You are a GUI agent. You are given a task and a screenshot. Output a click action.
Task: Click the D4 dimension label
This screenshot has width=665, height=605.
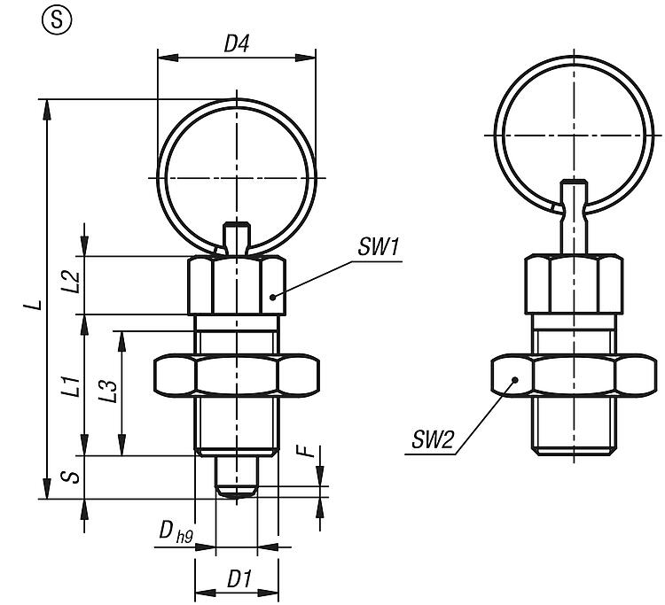click(x=235, y=44)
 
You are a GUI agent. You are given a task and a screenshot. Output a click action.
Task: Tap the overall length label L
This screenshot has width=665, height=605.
click(x=33, y=305)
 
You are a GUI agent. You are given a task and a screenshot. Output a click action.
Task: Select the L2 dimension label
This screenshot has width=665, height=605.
click(x=74, y=283)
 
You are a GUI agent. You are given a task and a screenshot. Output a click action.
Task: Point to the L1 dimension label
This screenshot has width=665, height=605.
click(x=74, y=386)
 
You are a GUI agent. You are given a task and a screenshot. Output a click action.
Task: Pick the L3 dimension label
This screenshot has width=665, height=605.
click(x=109, y=392)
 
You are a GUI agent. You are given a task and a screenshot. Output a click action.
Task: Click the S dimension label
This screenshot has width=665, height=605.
click(x=74, y=477)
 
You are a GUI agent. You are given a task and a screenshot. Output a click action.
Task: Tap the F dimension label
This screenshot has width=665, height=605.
click(x=307, y=452)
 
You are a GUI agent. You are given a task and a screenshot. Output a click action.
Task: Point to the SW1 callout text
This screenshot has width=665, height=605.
click(x=376, y=249)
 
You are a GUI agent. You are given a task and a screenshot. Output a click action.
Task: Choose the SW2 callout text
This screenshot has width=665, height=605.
click(x=433, y=438)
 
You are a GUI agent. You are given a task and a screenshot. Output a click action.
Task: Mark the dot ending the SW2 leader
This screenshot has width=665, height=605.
click(x=514, y=379)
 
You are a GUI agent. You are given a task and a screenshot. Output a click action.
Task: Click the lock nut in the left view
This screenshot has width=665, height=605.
click(x=236, y=376)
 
